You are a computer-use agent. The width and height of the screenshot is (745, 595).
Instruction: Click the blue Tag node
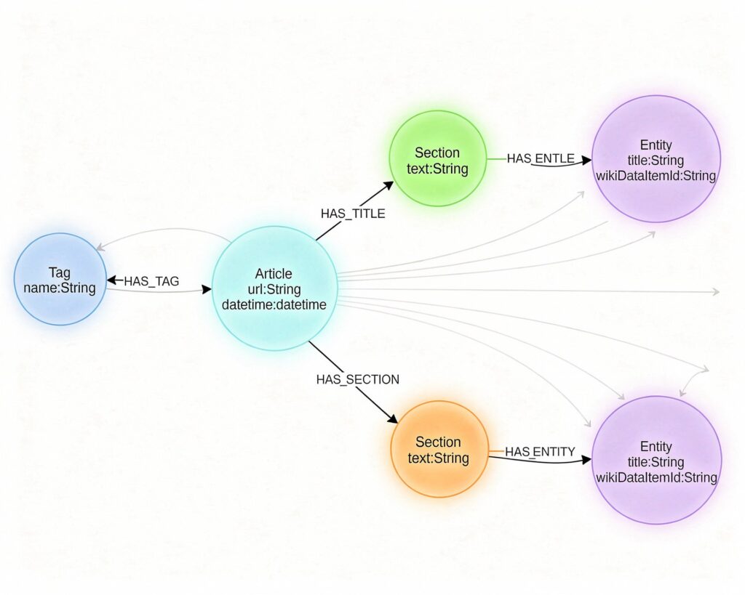(x=60, y=279)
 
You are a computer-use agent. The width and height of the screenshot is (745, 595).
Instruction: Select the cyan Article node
(x=274, y=288)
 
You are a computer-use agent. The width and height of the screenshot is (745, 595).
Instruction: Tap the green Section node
(x=437, y=159)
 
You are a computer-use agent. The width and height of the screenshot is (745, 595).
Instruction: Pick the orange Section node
(x=439, y=449)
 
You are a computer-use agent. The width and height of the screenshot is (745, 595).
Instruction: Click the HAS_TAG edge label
(x=151, y=280)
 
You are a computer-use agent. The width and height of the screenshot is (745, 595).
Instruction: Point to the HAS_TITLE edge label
(x=353, y=214)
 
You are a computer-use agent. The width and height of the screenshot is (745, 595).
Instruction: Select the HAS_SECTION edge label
(x=357, y=379)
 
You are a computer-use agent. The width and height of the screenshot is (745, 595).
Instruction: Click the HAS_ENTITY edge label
(x=540, y=452)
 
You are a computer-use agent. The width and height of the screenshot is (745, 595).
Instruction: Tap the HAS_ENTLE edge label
(x=541, y=158)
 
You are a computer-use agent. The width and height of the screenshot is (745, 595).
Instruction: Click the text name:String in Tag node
(x=60, y=288)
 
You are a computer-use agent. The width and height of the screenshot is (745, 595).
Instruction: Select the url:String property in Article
(x=274, y=289)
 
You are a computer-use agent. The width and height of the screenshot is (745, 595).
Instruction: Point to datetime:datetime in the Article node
(x=274, y=304)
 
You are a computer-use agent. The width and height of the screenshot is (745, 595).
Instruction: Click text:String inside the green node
(x=437, y=169)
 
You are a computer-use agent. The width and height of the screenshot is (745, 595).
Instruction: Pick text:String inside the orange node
(x=439, y=458)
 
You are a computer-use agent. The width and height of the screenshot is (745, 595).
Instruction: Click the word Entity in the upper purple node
(x=656, y=145)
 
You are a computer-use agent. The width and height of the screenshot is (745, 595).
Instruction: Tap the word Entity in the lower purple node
(x=656, y=446)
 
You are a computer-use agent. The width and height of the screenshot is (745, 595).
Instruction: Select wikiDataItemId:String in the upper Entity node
(x=656, y=176)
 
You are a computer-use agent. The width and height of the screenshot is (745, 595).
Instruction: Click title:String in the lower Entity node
(x=656, y=462)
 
